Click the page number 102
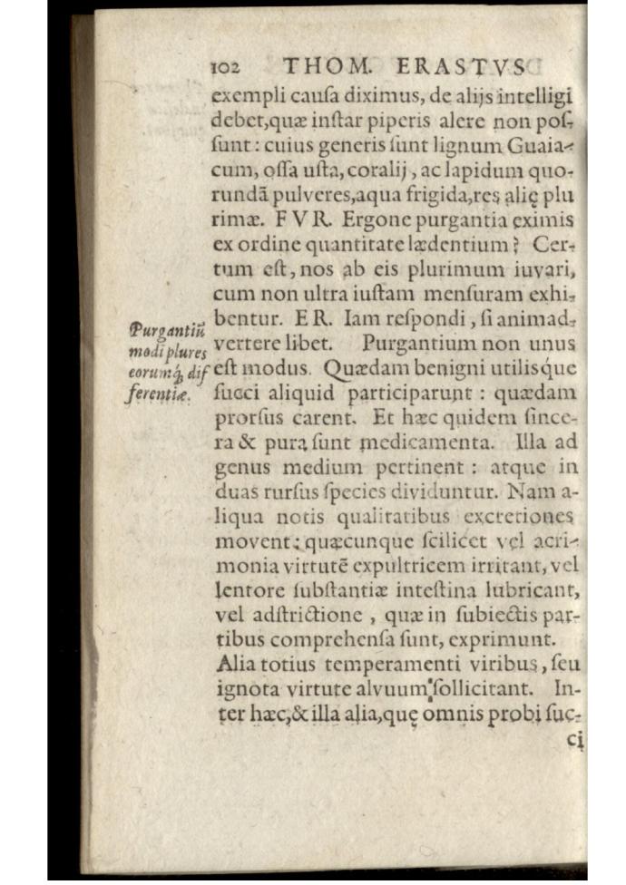[x=223, y=68]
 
